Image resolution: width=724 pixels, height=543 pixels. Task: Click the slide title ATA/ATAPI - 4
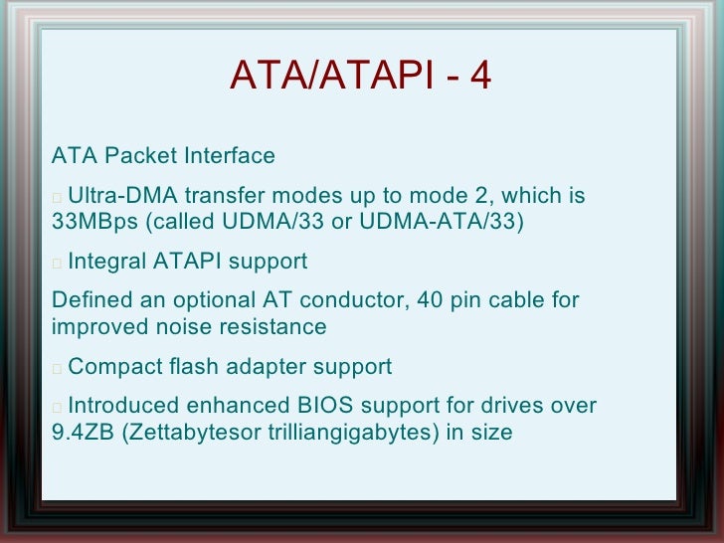point(360,76)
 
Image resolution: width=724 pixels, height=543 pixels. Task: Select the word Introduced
point(124,406)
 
